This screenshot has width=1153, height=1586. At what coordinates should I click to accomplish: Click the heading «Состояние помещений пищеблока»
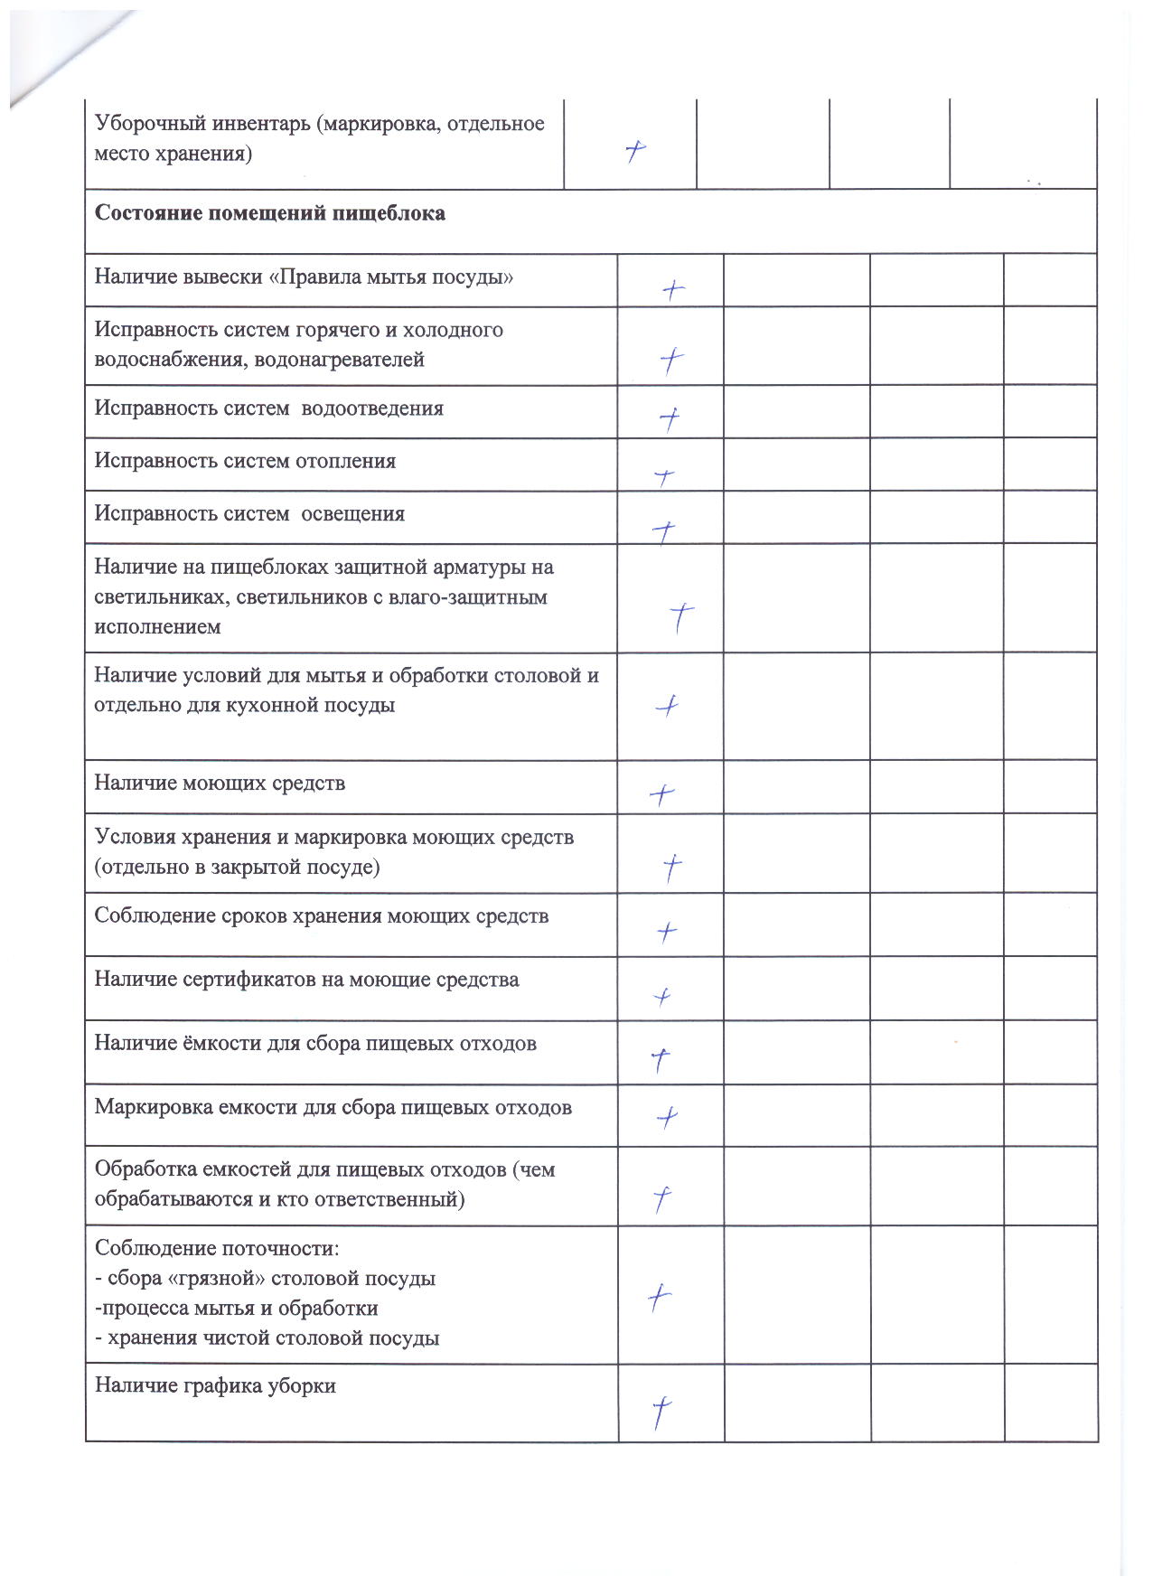point(269,214)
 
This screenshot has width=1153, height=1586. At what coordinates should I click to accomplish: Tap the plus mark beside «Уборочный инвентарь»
point(635,151)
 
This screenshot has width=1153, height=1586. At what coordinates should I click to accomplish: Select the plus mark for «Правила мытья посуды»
point(672,290)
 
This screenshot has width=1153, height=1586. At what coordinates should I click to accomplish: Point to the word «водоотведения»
point(372,408)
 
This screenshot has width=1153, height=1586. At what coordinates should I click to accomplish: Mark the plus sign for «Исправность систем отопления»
point(664,476)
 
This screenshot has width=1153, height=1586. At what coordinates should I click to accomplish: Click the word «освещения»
point(352,514)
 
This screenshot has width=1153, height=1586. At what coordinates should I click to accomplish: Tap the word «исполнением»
point(157,627)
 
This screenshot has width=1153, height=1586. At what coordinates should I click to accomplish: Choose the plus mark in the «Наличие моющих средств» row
point(661,794)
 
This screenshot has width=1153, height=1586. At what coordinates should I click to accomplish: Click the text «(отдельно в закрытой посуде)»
point(237,868)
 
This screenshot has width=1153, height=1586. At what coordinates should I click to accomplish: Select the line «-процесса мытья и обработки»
point(236,1309)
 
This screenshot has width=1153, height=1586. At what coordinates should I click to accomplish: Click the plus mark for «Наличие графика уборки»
point(661,1412)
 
